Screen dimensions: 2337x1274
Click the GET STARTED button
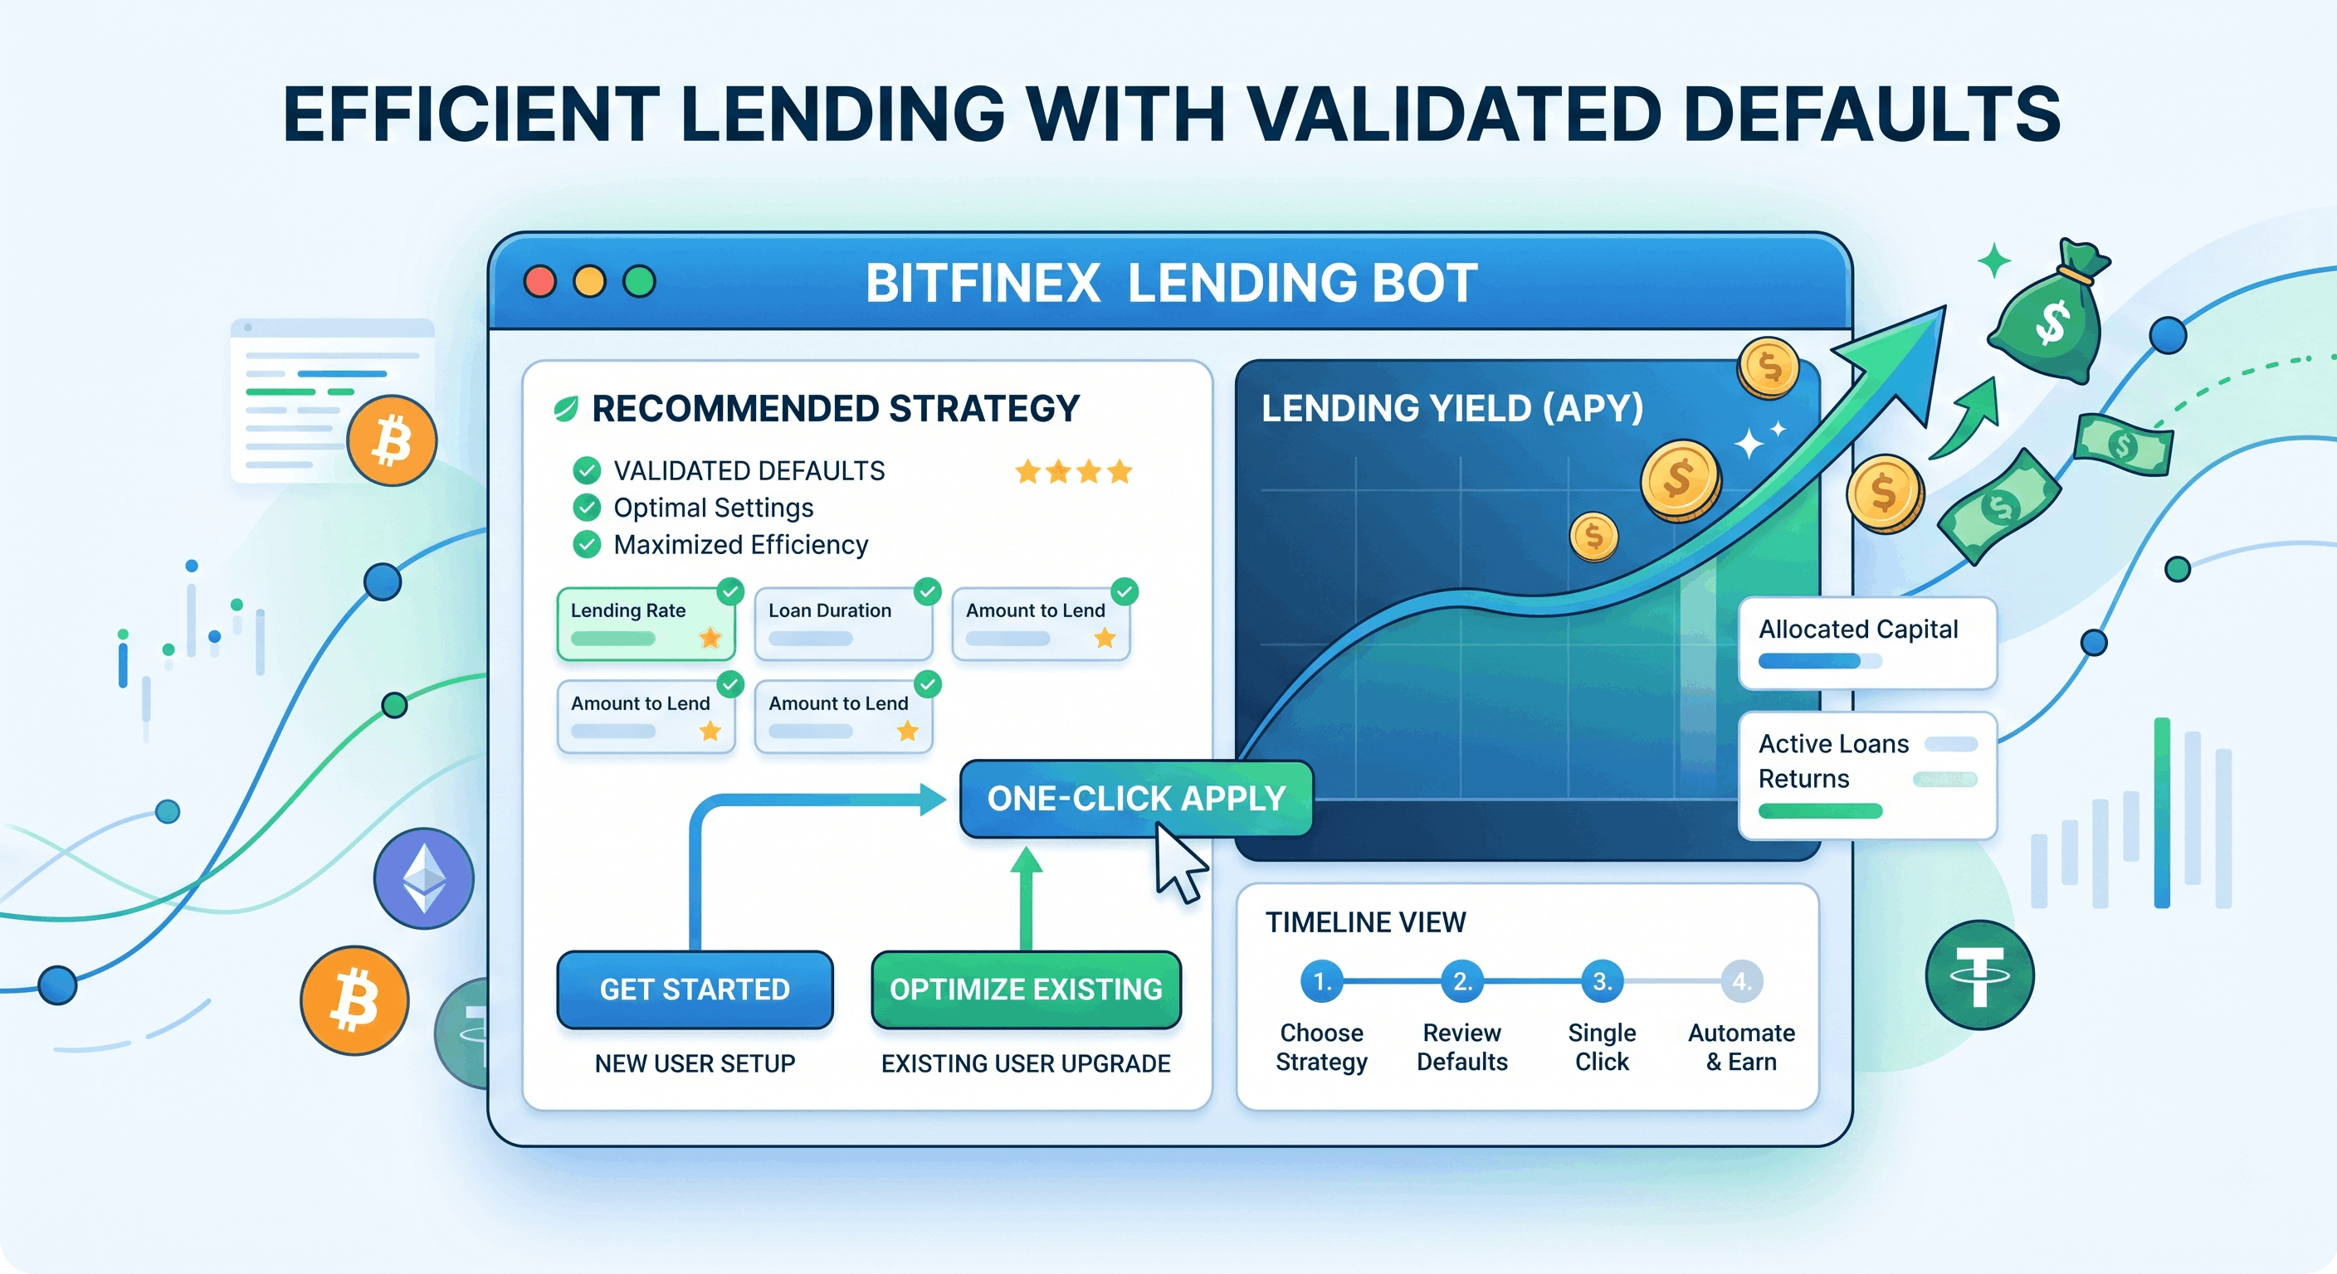(695, 990)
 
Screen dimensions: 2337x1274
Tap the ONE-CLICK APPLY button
(1136, 798)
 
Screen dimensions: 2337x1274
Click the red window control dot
(539, 282)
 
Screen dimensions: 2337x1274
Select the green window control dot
(640, 282)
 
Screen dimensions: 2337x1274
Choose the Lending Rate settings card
(645, 624)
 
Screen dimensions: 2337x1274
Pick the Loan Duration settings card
(843, 624)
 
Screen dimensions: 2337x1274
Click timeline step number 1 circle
(1322, 981)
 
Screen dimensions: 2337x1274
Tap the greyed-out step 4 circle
(1741, 981)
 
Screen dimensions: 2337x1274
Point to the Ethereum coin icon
(424, 878)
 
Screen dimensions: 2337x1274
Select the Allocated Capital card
(1867, 643)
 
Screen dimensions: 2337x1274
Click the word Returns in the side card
(1803, 779)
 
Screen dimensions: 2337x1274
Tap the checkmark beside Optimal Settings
(587, 508)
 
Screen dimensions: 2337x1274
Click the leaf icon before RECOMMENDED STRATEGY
(566, 409)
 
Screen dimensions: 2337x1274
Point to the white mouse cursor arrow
(1178, 866)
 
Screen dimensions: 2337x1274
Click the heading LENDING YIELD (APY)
(1451, 408)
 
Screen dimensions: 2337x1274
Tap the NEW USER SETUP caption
(695, 1063)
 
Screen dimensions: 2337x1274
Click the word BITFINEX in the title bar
(983, 283)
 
